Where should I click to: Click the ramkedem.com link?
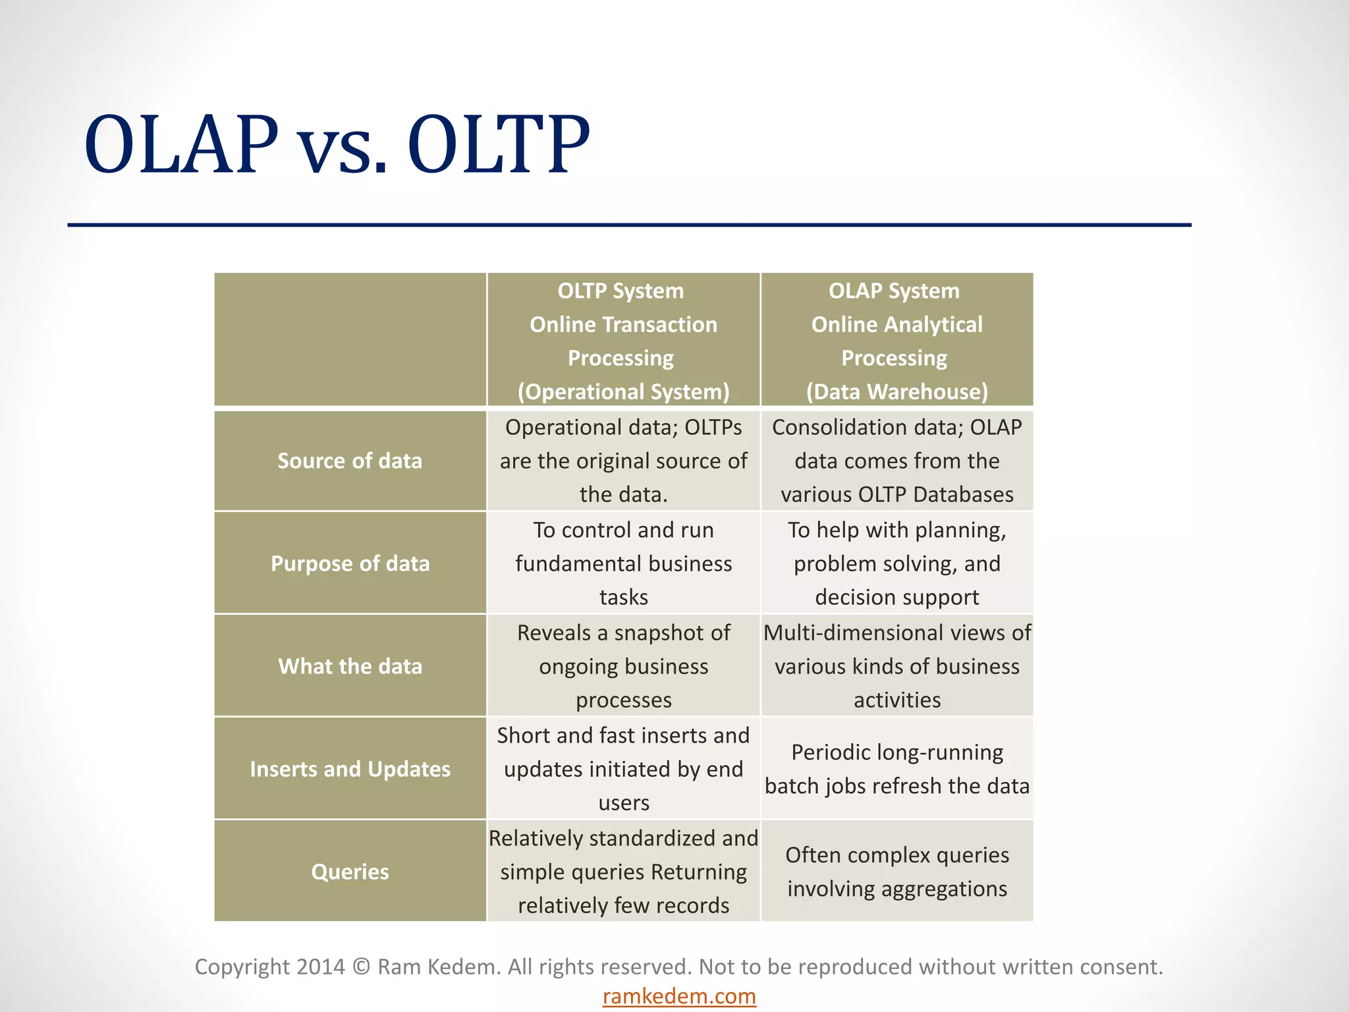click(x=679, y=996)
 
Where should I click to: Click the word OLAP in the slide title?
click(x=181, y=145)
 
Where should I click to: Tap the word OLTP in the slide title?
click(x=498, y=145)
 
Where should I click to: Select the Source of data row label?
click(x=350, y=461)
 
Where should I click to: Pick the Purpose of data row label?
click(x=350, y=564)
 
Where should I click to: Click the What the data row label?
click(x=350, y=667)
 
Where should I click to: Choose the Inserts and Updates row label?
click(x=350, y=770)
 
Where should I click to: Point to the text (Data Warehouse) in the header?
click(x=897, y=392)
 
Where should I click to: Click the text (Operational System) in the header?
click(x=623, y=392)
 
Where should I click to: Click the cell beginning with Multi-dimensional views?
click(x=897, y=667)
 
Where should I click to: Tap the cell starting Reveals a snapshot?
click(x=623, y=667)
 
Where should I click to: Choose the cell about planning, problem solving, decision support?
click(x=897, y=564)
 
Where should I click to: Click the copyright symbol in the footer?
click(x=361, y=967)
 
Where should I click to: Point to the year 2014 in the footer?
click(x=320, y=967)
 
